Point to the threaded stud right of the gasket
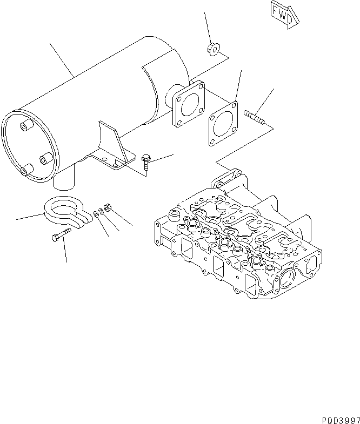pos(253,117)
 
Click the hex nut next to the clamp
pos(107,206)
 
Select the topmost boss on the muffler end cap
pos(25,127)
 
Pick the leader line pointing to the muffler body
pos(62,60)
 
